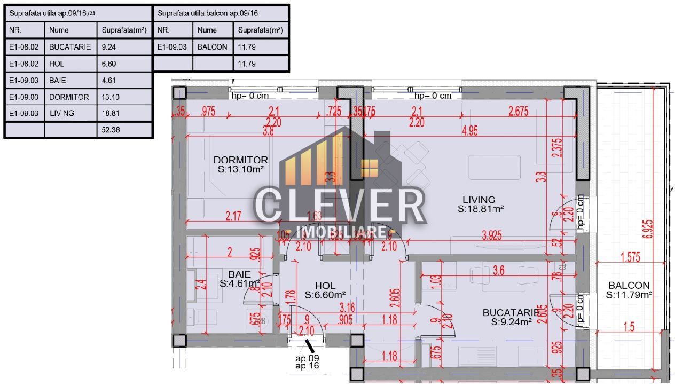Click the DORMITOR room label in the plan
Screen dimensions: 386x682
[240, 160]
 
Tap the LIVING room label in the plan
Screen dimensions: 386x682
[479, 200]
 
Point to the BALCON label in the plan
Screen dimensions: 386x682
[628, 286]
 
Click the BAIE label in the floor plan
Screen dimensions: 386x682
[239, 274]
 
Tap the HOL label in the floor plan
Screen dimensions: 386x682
[325, 286]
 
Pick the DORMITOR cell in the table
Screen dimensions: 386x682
[69, 97]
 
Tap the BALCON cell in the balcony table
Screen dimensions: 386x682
[212, 47]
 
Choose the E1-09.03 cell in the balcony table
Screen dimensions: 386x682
[173, 47]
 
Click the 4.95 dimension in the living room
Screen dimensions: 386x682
[469, 132]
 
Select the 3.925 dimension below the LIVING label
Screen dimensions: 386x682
[495, 235]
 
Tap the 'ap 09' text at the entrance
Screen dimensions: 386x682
[308, 358]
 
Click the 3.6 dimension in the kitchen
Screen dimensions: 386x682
[498, 271]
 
